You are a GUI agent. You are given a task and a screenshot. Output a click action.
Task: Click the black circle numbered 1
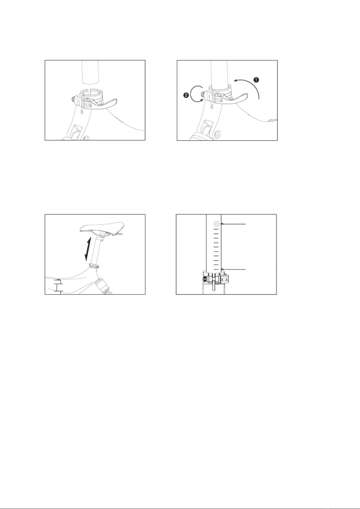tap(256, 80)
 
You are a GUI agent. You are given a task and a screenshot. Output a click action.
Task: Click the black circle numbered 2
tap(186, 95)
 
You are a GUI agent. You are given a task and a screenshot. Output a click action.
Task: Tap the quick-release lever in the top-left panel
tap(102, 104)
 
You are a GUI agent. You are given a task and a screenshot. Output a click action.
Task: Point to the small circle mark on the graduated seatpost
tap(216, 224)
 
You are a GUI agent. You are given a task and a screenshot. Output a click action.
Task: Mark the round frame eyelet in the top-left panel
tap(86, 138)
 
